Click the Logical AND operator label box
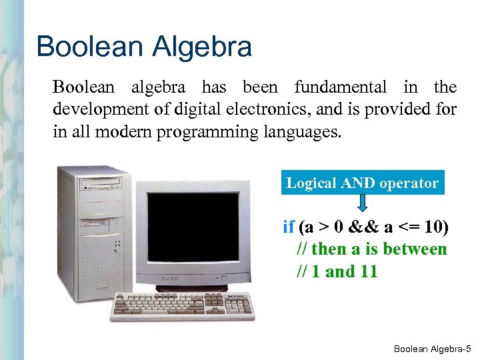click(362, 183)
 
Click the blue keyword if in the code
click(288, 227)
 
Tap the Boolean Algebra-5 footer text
click(432, 348)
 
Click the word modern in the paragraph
click(125, 132)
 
